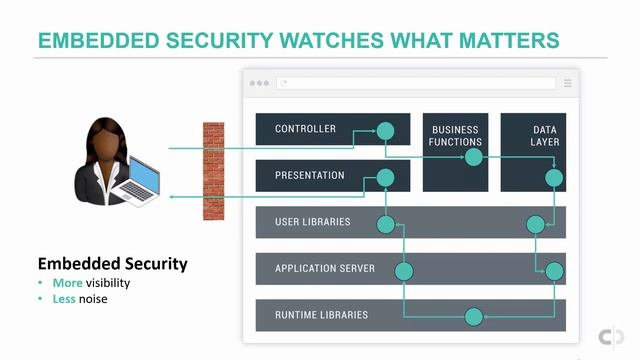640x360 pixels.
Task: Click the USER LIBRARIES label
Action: tap(312, 222)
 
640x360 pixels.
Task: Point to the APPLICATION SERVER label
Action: tap(325, 269)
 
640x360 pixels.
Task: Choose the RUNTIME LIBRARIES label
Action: tap(322, 315)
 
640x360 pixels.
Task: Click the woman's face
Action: tap(108, 139)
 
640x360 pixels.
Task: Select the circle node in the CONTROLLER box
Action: tap(386, 130)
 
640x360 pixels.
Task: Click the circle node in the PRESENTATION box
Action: tap(386, 178)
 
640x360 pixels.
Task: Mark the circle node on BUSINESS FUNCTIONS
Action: tap(474, 157)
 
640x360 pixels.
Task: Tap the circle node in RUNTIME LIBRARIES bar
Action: tap(474, 317)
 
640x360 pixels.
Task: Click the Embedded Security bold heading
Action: tap(112, 264)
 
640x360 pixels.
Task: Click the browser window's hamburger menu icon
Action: tap(567, 83)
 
